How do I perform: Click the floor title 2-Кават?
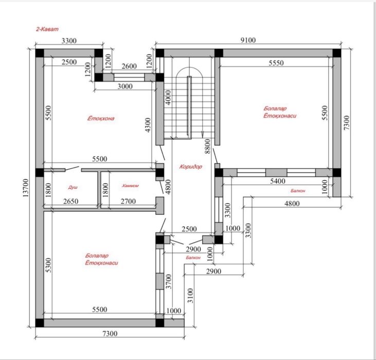point(47,29)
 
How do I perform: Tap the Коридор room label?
point(191,167)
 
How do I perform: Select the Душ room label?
point(73,187)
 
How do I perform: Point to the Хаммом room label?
point(130,186)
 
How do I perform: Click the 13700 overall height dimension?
point(26,188)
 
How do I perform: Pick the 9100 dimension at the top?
point(248,40)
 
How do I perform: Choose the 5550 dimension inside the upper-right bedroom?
point(276,63)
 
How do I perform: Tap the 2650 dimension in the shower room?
point(71,201)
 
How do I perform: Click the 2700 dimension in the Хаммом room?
point(128,201)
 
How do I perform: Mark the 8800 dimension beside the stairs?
point(208,146)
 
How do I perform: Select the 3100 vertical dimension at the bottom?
point(190,296)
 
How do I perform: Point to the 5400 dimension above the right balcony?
point(278,181)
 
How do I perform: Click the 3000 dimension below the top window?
point(125,86)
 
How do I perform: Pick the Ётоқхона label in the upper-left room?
point(101,118)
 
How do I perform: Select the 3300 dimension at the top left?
point(69,41)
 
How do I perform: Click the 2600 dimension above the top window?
point(129,66)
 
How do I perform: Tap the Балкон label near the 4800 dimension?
point(298,191)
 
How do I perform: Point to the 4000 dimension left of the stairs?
point(168,97)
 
